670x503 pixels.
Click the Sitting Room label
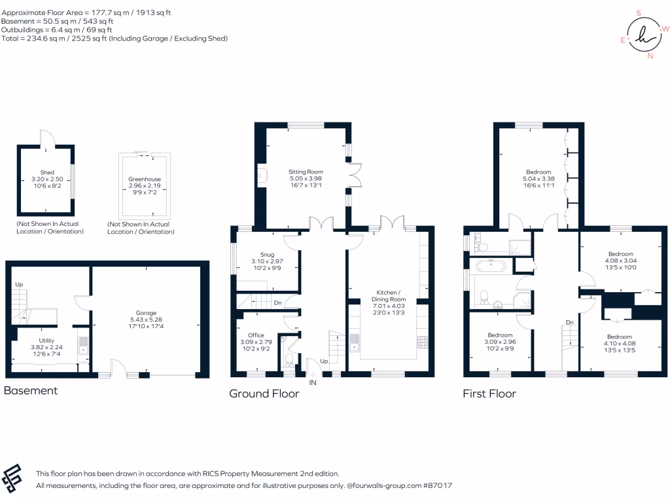[x=306, y=172]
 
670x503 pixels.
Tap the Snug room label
[x=267, y=255]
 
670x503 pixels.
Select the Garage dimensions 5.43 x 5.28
[x=146, y=320]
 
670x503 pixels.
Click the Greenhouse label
[x=145, y=179]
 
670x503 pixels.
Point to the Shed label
[x=47, y=172]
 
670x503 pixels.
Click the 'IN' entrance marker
[x=313, y=382]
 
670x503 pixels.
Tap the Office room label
[x=256, y=335]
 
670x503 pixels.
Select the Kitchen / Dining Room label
[x=389, y=296]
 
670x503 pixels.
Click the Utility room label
[x=46, y=341]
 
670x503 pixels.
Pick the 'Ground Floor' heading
[x=264, y=394]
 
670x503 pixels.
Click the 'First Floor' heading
[x=489, y=394]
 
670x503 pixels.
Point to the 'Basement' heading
[x=30, y=390]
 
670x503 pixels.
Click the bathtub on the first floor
[x=491, y=266]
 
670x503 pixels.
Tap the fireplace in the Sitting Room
[x=262, y=176]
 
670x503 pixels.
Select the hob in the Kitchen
[x=422, y=342]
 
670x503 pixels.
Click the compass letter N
[x=650, y=56]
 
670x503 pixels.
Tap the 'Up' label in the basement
[x=19, y=284]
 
